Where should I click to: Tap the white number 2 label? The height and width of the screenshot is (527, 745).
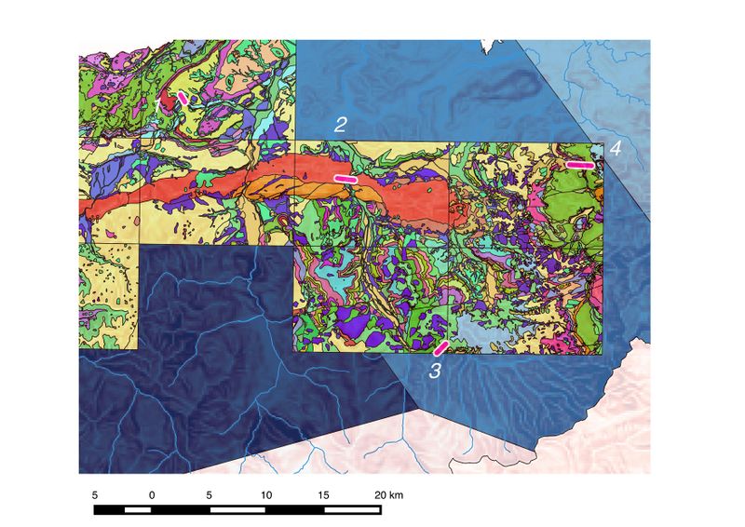coord(341,124)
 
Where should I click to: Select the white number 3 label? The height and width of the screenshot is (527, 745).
coord(435,371)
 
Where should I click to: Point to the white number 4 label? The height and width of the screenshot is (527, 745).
coord(616,148)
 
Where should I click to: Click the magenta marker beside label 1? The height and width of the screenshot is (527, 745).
coord(183,97)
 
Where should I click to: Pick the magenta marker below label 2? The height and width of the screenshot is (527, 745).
coord(345,178)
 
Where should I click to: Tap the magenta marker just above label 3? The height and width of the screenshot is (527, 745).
coord(441,347)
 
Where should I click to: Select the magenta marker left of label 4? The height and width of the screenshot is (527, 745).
coord(580,165)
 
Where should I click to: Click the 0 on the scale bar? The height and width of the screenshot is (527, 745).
coord(151,494)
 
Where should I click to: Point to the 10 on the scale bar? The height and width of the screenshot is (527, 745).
coord(266,494)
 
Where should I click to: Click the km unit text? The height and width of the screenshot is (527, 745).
coord(398,494)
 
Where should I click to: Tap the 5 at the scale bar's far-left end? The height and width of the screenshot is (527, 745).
coord(94,494)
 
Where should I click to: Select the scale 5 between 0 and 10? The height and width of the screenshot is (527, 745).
coord(210,494)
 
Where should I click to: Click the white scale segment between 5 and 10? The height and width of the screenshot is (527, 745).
coord(238,509)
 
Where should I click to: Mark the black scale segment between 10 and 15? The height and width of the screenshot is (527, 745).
coord(295,509)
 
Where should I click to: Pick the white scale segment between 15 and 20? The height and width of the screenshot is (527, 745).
coord(353,509)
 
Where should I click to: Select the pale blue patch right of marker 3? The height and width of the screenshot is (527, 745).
coord(484,330)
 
